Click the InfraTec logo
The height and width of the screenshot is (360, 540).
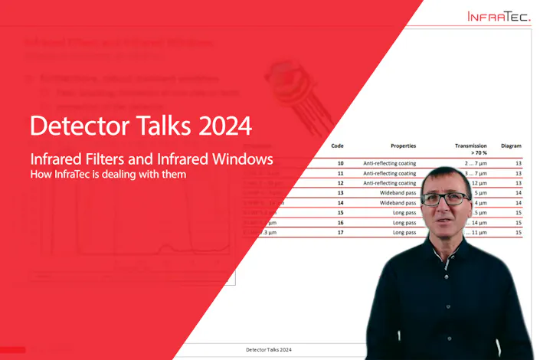tap(499, 16)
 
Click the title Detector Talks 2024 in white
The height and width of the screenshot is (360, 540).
tap(140, 124)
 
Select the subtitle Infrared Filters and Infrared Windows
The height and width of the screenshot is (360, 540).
tap(151, 159)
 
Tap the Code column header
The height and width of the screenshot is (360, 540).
tap(337, 145)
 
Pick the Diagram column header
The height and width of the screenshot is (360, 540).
tap(511, 145)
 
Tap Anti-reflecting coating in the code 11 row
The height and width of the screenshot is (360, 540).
tap(390, 173)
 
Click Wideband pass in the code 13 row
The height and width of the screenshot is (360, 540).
tap(399, 193)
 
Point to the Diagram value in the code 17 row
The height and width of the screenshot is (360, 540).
tap(518, 232)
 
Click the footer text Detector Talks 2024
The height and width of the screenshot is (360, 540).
tap(268, 350)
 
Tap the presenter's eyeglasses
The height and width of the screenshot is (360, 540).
tap(443, 198)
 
